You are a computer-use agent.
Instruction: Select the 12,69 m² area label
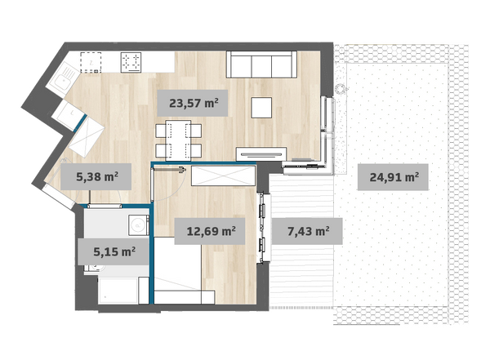click(x=210, y=231)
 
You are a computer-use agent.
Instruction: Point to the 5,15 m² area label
click(x=114, y=251)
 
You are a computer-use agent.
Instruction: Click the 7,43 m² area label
click(x=307, y=231)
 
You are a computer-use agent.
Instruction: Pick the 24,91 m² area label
click(x=393, y=177)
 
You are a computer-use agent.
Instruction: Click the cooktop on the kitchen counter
click(x=131, y=62)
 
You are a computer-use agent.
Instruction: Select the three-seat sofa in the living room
click(x=261, y=64)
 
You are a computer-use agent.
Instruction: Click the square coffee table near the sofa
click(x=261, y=108)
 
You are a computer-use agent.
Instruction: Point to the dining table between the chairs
click(x=178, y=140)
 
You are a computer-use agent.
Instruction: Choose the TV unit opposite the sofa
click(x=261, y=153)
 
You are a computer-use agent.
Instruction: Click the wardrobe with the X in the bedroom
click(x=223, y=176)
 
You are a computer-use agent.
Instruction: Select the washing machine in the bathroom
click(x=138, y=225)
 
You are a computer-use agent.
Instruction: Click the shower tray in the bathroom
click(x=118, y=291)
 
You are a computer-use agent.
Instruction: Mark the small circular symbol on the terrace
click(x=340, y=89)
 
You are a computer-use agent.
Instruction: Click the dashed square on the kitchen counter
click(x=91, y=63)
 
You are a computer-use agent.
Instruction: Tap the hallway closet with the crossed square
click(x=87, y=137)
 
